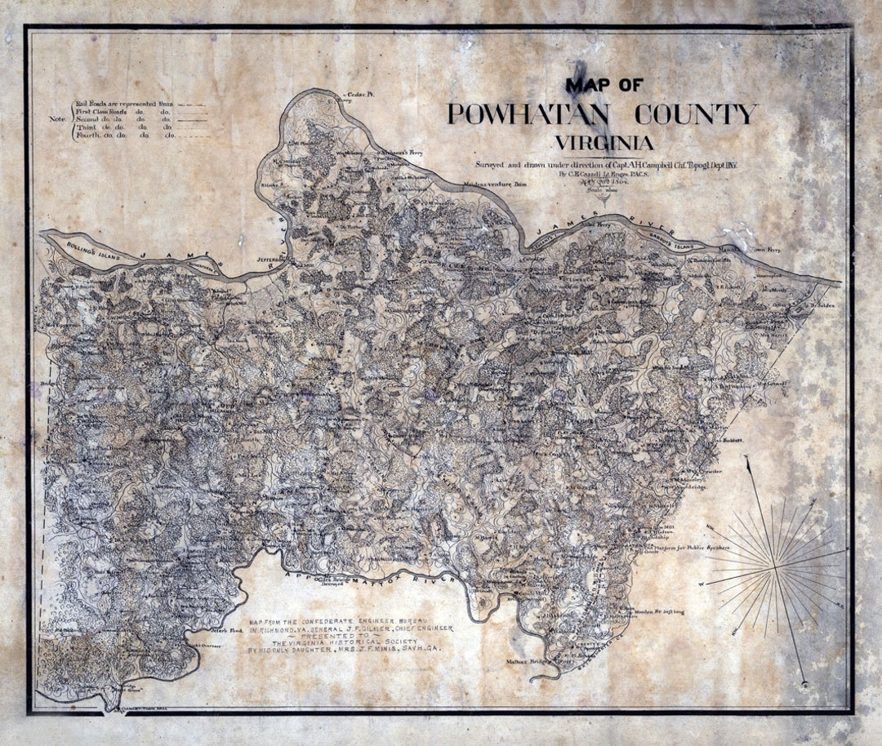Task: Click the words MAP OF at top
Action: (604, 85)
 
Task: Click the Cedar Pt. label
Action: (359, 95)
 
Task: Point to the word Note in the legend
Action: (57, 119)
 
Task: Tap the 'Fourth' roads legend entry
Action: (122, 135)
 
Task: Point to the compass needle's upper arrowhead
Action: (748, 462)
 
